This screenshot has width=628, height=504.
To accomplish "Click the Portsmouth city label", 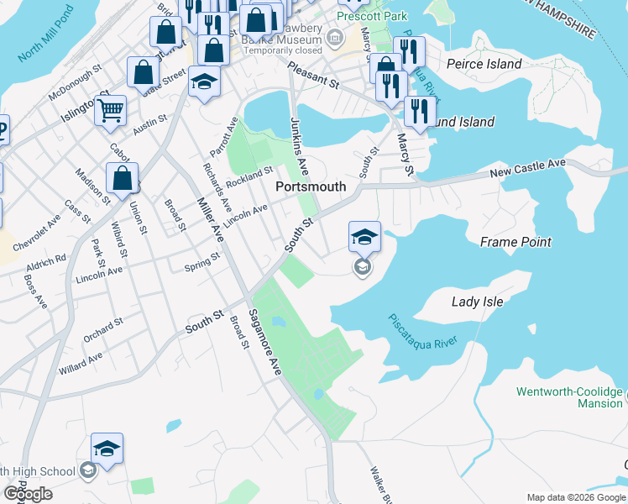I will click(x=311, y=186).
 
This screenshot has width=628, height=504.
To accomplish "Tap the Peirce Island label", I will click(x=484, y=64).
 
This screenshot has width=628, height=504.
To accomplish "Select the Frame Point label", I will click(x=515, y=242).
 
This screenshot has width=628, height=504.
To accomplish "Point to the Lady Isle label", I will click(x=477, y=302).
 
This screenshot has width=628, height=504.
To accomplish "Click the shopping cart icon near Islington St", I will click(x=110, y=109).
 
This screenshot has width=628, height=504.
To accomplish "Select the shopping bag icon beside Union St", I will click(x=123, y=178).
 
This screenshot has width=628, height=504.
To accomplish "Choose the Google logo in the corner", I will click(x=27, y=494).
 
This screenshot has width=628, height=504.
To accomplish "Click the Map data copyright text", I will click(x=575, y=497).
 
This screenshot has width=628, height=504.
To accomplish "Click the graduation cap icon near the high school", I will click(x=107, y=449).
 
